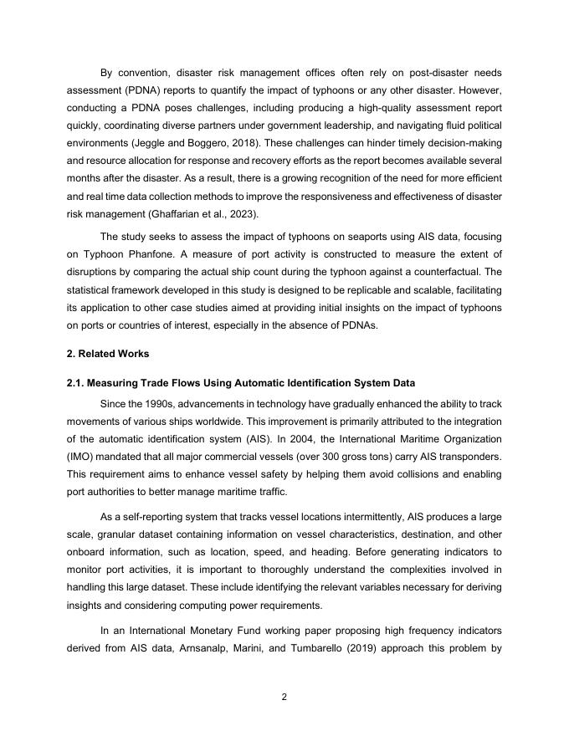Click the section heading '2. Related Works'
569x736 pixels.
(107, 354)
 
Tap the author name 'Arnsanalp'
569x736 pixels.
(211, 646)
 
